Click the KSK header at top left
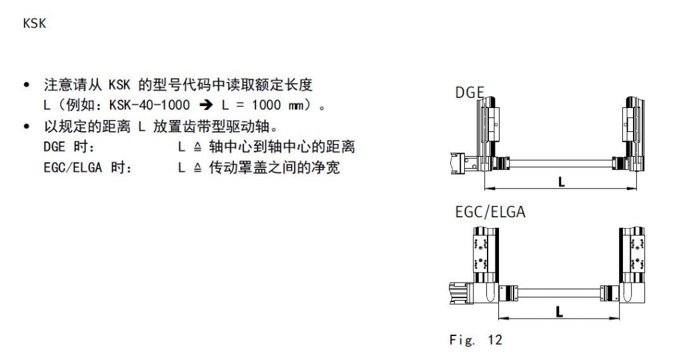35,23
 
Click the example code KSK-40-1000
149,105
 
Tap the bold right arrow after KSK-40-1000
206,105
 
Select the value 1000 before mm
266,105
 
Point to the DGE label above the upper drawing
470,92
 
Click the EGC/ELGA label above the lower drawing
490,212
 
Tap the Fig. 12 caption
476,339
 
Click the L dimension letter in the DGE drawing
562,181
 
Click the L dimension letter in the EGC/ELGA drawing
560,312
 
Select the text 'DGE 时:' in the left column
69,147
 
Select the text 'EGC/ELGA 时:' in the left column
87,167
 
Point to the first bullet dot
27,85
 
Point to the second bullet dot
27,127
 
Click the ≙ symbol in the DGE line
197,147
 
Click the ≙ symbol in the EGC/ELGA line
197,168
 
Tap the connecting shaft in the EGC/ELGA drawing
560,293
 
